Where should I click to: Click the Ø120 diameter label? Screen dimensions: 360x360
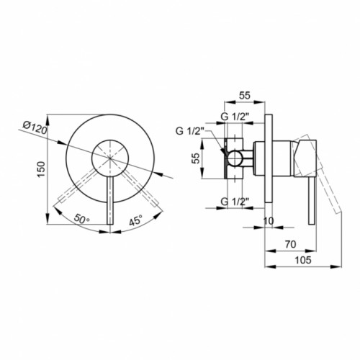pyautogui.click(x=35, y=127)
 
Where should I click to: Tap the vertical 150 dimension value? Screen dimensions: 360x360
pyautogui.click(x=41, y=169)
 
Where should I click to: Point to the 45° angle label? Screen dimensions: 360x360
pyautogui.click(x=135, y=220)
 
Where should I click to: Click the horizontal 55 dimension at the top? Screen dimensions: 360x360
pyautogui.click(x=245, y=95)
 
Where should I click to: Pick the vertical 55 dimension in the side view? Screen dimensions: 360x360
pyautogui.click(x=197, y=158)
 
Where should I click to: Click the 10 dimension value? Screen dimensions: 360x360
pyautogui.click(x=269, y=221)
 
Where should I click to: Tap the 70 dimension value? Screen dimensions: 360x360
pyautogui.click(x=291, y=244)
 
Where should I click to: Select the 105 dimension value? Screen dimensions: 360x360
pyautogui.click(x=303, y=260)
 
